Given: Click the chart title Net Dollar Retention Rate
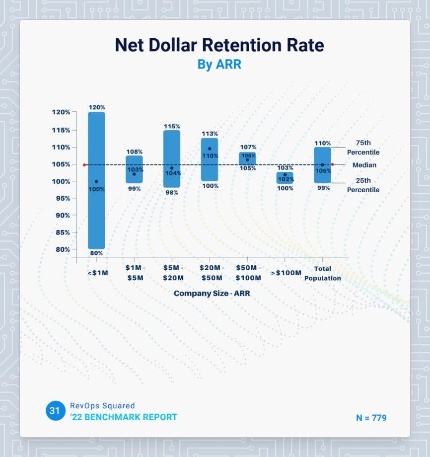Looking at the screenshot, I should point(219,45).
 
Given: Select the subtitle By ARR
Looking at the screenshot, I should point(219,65).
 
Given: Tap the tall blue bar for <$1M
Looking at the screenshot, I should point(96,149).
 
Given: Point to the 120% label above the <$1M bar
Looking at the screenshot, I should point(97,107).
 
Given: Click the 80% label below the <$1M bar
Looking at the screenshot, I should point(96,253).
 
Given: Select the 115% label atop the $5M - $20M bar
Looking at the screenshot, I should point(172,126).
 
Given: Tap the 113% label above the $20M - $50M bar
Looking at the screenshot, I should point(210,134).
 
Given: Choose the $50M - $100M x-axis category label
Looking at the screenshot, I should point(247,273).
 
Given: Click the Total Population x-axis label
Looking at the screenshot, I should point(322,273).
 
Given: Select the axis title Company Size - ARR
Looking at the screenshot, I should point(212,294).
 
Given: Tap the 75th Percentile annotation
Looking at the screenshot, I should point(363,147).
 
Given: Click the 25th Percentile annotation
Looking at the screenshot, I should point(363,185).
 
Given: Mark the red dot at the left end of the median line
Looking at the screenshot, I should point(84,165).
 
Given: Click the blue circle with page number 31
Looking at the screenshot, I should point(55,411).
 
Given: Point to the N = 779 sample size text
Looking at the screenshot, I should point(371,418).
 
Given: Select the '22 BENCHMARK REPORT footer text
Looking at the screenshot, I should point(124,417).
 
